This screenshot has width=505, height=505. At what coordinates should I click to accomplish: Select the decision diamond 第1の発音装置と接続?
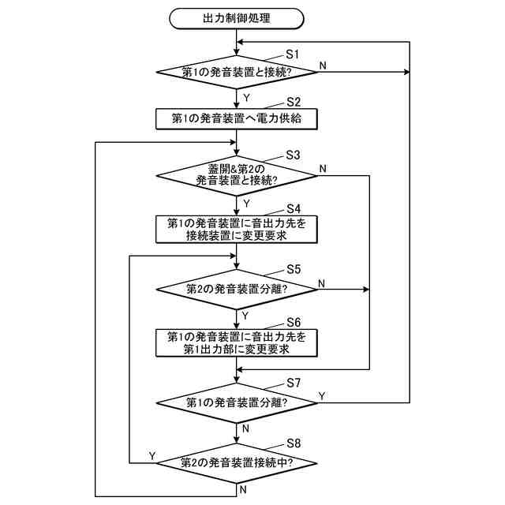coord(237,73)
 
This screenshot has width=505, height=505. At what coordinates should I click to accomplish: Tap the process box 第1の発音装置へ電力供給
coord(237,118)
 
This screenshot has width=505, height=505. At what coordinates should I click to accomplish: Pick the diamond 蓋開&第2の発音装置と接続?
coord(237,174)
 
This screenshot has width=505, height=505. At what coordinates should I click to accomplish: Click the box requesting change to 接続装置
coord(237,229)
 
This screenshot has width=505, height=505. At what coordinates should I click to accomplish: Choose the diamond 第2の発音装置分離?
coord(237,289)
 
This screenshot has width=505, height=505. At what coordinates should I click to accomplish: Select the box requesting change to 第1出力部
coord(237,342)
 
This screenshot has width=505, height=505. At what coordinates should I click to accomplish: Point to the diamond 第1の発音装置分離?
coord(237,402)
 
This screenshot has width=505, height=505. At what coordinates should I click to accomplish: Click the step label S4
coord(294,208)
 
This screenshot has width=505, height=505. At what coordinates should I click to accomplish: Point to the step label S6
coord(294,323)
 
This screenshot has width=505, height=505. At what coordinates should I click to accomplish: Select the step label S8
coord(294,443)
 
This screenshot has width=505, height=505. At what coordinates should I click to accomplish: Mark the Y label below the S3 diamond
coord(247,202)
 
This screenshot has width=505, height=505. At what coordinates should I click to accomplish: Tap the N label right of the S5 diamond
coord(322,281)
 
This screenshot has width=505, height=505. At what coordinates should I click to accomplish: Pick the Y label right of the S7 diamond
coord(322,394)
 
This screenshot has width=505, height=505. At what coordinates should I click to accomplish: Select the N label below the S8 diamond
coord(247,488)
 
